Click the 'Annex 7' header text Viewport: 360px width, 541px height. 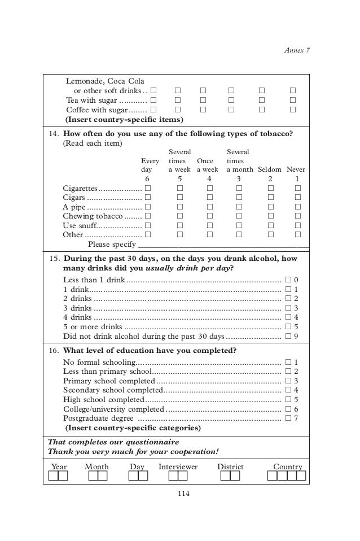click(x=296, y=50)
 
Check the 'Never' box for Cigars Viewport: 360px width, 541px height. click(x=298, y=198)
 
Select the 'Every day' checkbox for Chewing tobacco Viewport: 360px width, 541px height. click(x=147, y=216)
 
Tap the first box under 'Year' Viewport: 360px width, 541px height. click(x=53, y=475)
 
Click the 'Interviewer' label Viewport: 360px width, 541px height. click(x=178, y=466)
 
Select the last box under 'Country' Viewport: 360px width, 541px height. click(x=301, y=475)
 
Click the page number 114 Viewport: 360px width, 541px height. click(x=179, y=495)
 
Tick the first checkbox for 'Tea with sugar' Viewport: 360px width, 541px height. click(x=153, y=100)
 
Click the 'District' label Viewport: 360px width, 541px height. click(x=230, y=466)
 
